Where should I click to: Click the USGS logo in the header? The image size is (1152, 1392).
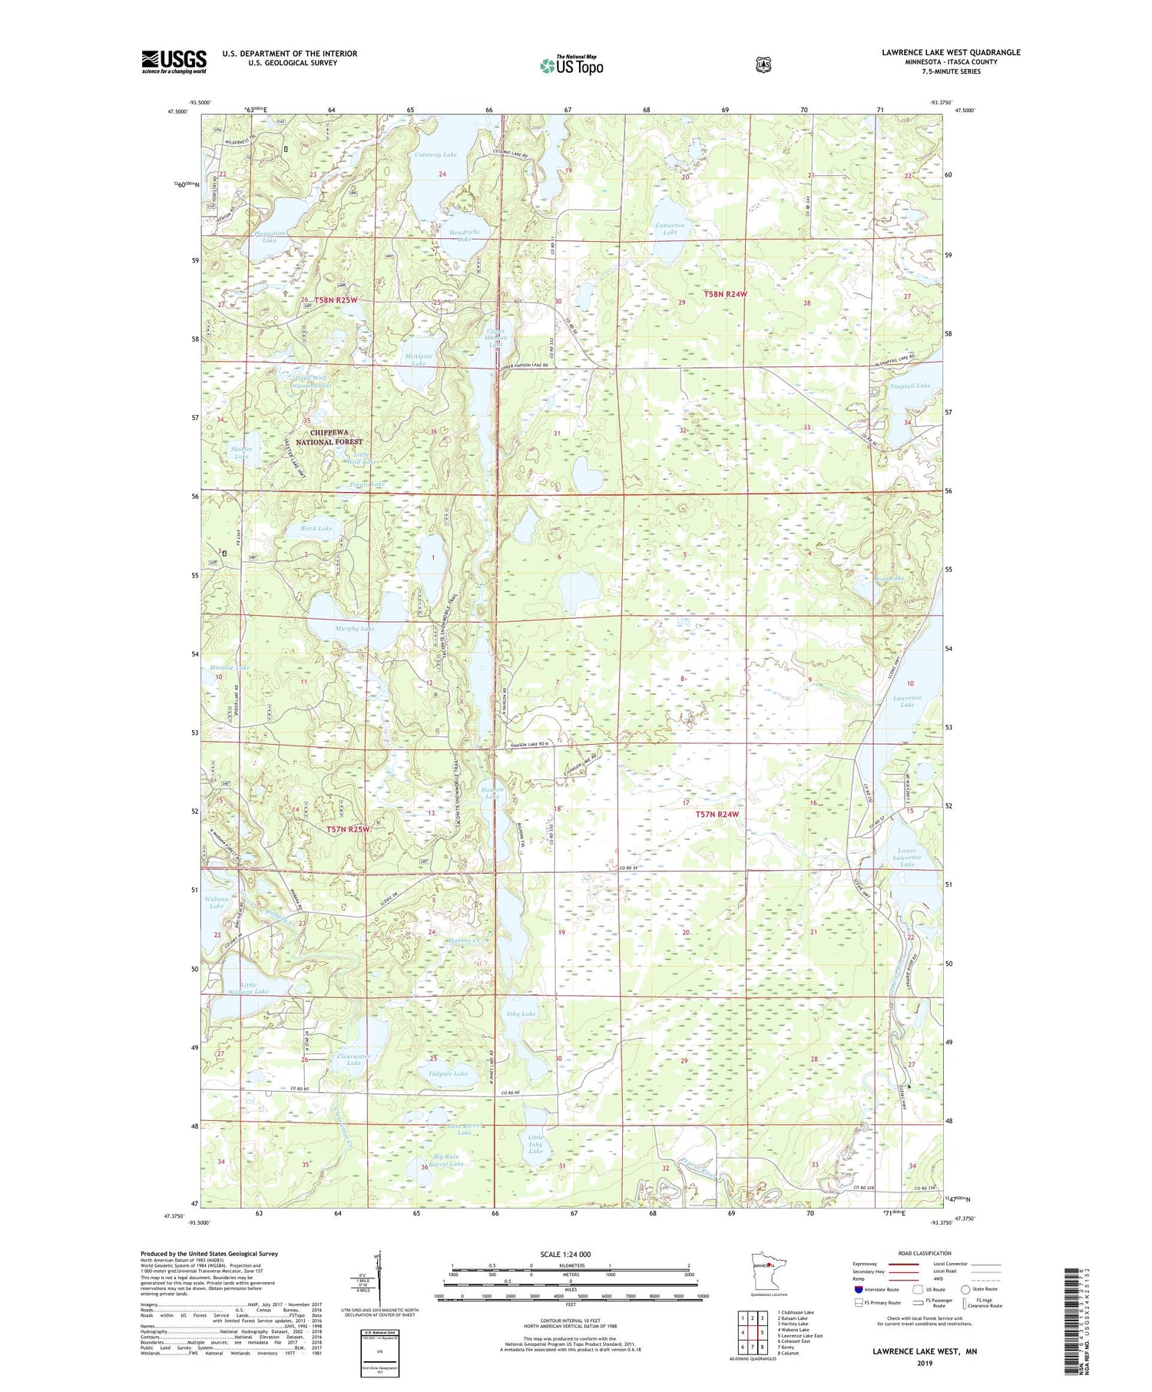coord(174,61)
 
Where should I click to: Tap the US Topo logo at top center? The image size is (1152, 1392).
coord(571,65)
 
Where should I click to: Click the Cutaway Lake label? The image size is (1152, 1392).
coord(435,154)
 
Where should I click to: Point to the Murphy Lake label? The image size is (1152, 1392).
coord(355,628)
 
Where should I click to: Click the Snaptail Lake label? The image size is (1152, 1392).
coord(910,385)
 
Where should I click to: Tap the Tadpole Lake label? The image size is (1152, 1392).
coord(449,1073)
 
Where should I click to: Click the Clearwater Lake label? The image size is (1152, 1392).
coord(354,1059)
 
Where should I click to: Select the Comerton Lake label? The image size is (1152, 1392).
coord(670,228)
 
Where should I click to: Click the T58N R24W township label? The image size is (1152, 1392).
coord(725,294)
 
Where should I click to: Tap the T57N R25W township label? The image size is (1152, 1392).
coord(348,829)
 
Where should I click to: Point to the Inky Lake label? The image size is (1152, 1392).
coord(521,1013)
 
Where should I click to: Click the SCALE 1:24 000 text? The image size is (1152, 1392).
coord(571,1254)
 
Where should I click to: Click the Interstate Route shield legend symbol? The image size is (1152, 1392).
coord(859,1289)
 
